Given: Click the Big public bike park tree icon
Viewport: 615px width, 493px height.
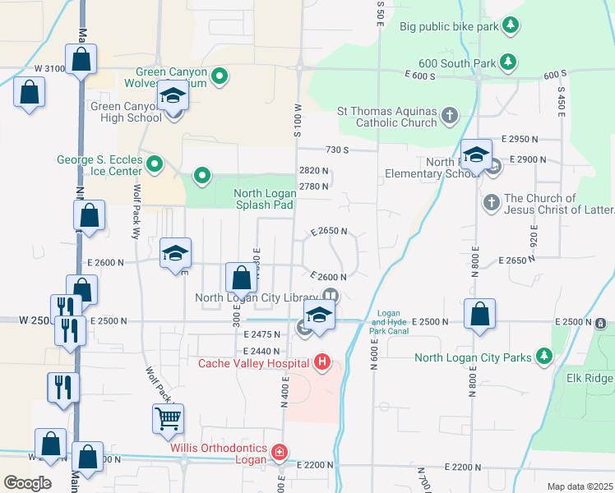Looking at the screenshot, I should pos(510,26).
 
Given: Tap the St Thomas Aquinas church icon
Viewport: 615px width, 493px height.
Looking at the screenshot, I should pos(450,116).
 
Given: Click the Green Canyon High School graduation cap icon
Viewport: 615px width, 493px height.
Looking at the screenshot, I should pos(173,98).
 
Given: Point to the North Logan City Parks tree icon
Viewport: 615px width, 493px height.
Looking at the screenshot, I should pos(543,357).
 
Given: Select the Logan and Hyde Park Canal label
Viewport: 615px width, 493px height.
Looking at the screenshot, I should pos(388,322).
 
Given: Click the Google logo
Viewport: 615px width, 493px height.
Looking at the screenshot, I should pos(27,482).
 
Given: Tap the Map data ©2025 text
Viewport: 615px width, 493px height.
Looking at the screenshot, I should pos(579,486).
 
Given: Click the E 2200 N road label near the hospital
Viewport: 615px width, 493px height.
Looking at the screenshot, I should pos(312,466).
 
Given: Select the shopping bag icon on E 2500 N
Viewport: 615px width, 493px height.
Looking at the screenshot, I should pos(479,314).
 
